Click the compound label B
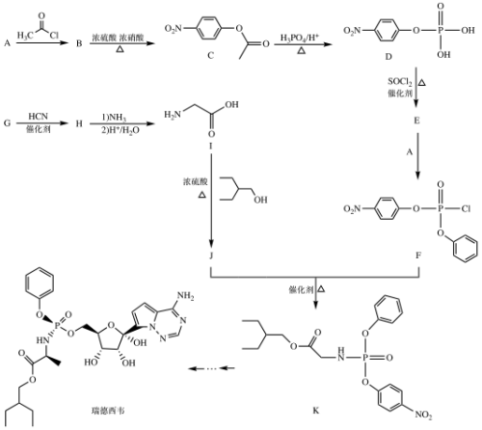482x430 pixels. click(x=79, y=43)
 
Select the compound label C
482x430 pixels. click(x=210, y=56)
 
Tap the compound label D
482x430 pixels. click(x=388, y=57)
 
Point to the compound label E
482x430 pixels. click(x=416, y=121)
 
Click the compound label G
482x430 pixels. click(x=7, y=123)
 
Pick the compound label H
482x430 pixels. click(x=79, y=123)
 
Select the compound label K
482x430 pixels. click(x=316, y=411)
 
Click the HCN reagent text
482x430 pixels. click(x=39, y=116)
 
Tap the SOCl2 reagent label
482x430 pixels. click(x=400, y=82)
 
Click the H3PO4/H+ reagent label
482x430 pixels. click(x=300, y=39)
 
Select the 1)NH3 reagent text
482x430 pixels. click(x=114, y=118)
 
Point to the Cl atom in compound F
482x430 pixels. click(x=467, y=209)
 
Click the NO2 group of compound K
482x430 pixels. click(x=423, y=415)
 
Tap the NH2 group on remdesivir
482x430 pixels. click(x=186, y=296)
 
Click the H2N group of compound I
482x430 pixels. click(x=173, y=115)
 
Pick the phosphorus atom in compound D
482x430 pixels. click(x=441, y=30)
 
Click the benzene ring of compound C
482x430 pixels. click(x=209, y=29)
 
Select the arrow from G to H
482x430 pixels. click(x=42, y=123)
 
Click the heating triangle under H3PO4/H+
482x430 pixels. click(x=301, y=50)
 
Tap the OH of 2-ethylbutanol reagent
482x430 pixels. click(x=260, y=200)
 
